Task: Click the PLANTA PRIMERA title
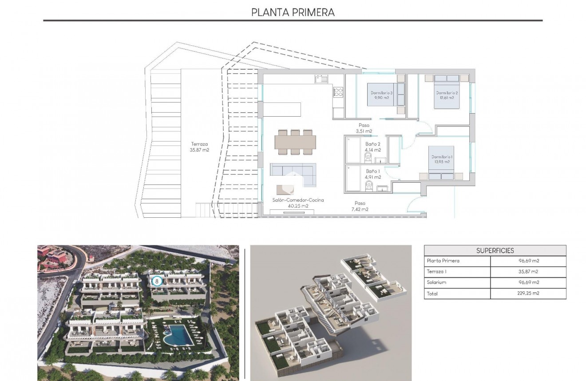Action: point(293,12)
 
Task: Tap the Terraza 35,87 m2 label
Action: point(200,147)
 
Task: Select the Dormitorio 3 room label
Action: point(382,95)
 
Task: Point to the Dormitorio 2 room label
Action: point(446,95)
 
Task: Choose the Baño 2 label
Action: point(373,147)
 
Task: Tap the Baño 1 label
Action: point(373,174)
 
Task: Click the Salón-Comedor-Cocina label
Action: point(298,203)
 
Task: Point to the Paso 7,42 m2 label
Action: point(360,206)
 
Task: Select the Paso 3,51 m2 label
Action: point(364,128)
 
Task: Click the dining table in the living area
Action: point(295,141)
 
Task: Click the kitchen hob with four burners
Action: point(338,92)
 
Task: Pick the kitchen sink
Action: point(321,79)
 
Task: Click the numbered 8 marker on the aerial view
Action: point(156,281)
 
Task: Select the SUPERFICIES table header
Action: point(495,251)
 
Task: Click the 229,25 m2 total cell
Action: point(528,293)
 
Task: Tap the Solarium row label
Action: point(436,283)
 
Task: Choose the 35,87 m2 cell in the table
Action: point(528,272)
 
